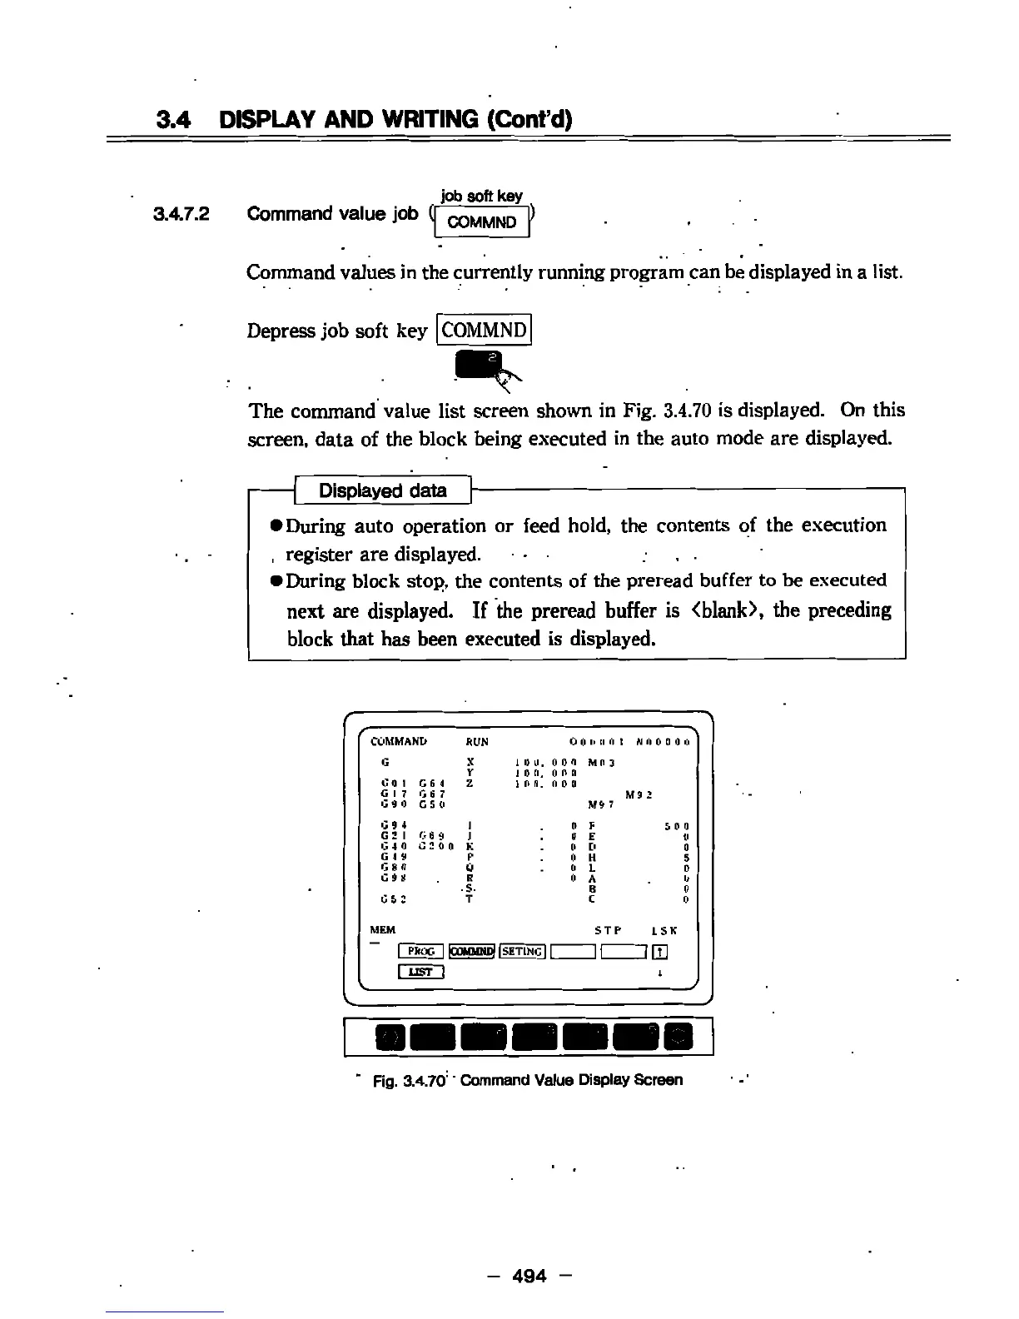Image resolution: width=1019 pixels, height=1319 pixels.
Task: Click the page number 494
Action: [x=530, y=1275]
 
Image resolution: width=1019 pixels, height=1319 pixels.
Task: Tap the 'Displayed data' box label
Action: [x=383, y=490]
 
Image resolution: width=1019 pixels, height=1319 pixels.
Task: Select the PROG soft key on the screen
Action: [x=422, y=952]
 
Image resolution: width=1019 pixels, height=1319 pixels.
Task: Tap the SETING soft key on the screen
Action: [x=522, y=952]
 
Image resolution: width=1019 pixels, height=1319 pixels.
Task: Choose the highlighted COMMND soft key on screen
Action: [x=472, y=952]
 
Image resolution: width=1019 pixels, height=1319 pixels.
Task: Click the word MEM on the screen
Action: [x=382, y=930]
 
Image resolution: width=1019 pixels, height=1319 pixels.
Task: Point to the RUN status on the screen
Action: [x=477, y=742]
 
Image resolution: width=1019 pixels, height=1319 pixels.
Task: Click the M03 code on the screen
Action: [x=601, y=762]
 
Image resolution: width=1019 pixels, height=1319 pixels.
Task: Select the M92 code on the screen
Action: [x=638, y=794]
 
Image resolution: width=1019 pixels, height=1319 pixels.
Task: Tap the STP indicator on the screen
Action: [x=609, y=930]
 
